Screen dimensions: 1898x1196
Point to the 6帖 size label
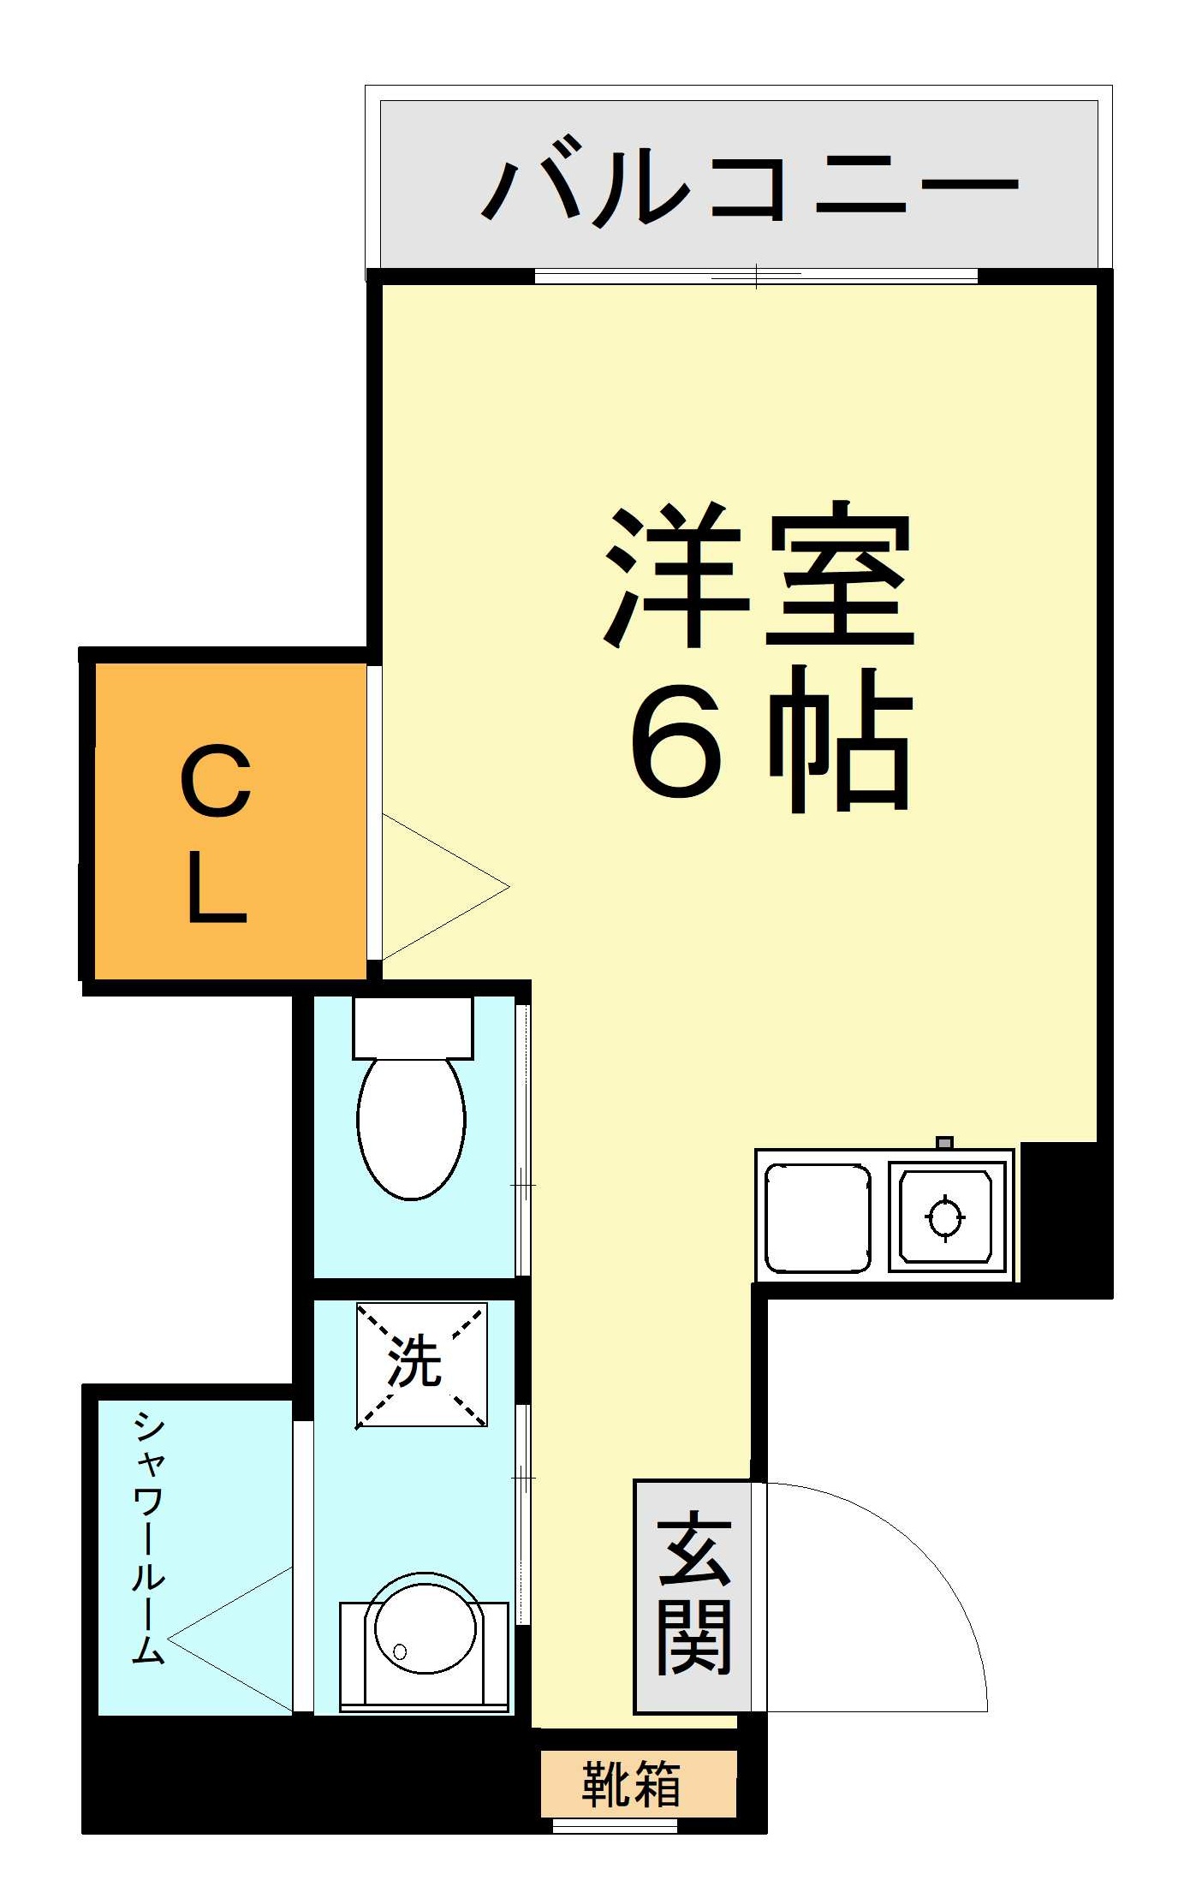(x=771, y=741)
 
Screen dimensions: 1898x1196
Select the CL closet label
(x=217, y=834)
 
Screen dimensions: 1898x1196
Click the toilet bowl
(x=411, y=1127)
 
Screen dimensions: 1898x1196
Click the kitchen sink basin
(x=817, y=1217)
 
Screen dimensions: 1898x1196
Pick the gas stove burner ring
(x=945, y=1216)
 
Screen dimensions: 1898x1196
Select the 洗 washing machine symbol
(x=421, y=1365)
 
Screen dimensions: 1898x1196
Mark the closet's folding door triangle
(x=445, y=887)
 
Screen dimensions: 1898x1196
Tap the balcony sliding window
(x=755, y=276)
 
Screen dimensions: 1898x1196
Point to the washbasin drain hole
(x=400, y=1651)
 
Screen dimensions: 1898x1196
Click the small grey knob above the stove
(x=944, y=1143)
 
